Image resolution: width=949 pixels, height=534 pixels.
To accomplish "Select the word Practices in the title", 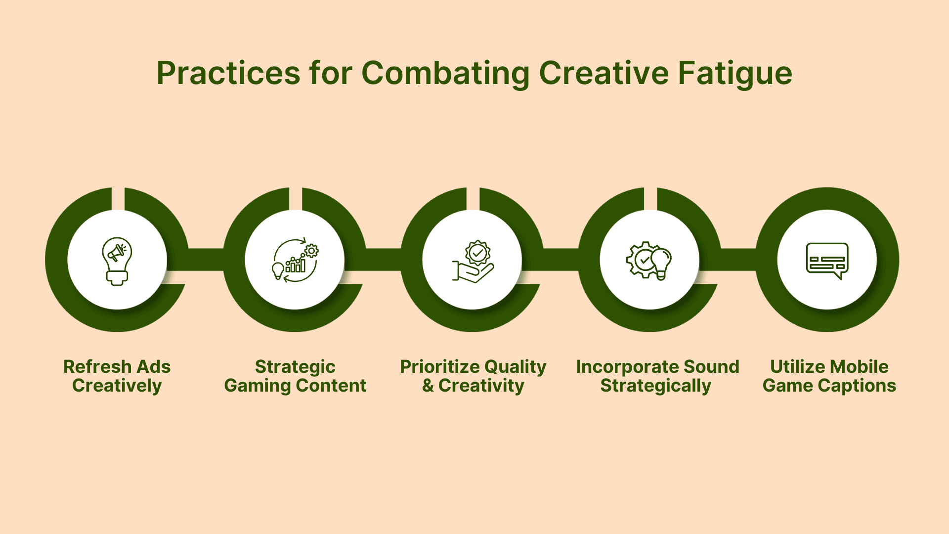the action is pyautogui.click(x=228, y=73).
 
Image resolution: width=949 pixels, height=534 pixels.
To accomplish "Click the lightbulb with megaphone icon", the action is pyautogui.click(x=117, y=261).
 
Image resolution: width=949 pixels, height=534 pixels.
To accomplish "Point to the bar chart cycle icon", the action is pyautogui.click(x=295, y=260).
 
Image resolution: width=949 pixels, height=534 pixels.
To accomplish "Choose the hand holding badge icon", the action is pyautogui.click(x=473, y=262).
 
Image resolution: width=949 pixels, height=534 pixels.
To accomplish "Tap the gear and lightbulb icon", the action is pyautogui.click(x=649, y=261).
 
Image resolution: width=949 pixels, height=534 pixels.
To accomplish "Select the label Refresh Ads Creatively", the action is pyautogui.click(x=117, y=376).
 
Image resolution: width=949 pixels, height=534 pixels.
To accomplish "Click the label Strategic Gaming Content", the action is pyautogui.click(x=295, y=376).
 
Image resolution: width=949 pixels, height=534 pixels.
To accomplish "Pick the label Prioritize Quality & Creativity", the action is pyautogui.click(x=473, y=376).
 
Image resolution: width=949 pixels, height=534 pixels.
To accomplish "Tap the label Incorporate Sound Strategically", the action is pyautogui.click(x=657, y=376).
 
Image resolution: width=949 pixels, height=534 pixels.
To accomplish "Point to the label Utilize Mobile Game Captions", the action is pyautogui.click(x=829, y=376).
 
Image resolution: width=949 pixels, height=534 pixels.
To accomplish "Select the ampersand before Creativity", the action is pyautogui.click(x=428, y=386).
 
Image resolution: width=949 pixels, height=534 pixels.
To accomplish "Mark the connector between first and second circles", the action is pyautogui.click(x=205, y=260).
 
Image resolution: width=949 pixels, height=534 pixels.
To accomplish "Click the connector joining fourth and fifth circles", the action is pyautogui.click(x=738, y=260).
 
